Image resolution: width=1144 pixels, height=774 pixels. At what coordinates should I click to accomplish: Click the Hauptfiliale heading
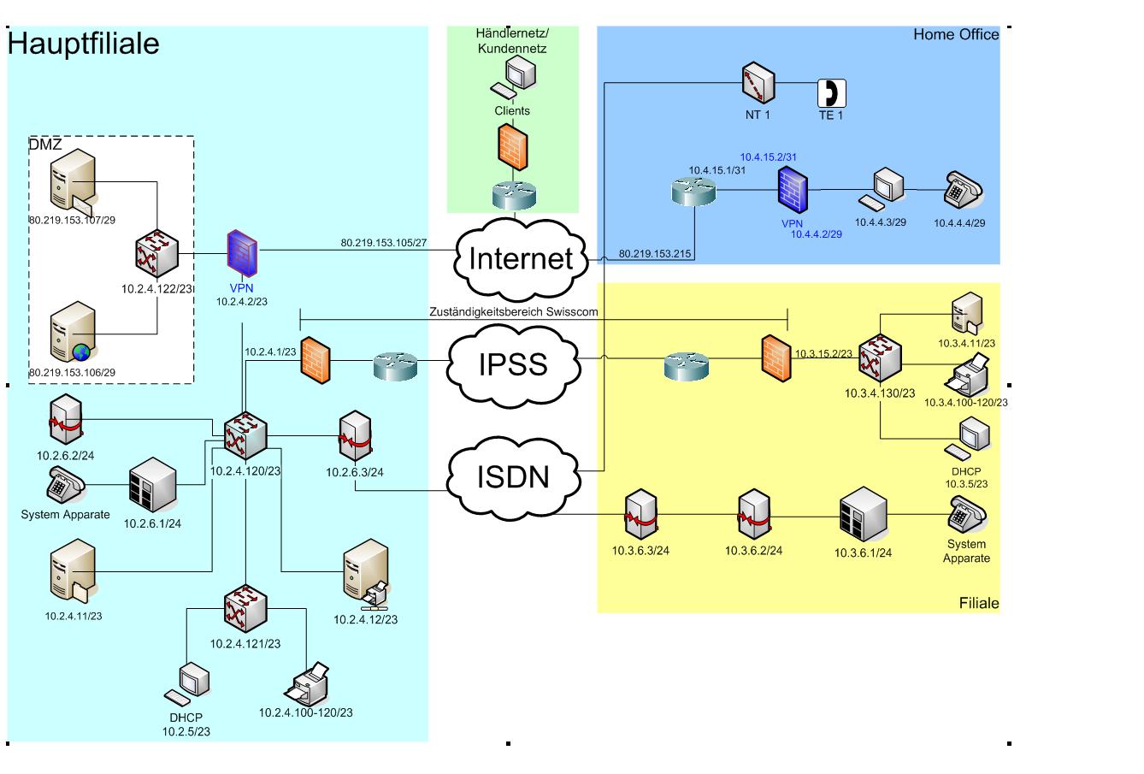click(83, 44)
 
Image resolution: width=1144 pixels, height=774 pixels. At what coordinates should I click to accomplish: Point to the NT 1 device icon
click(758, 83)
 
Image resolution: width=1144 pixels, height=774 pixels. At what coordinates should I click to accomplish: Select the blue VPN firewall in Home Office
click(793, 189)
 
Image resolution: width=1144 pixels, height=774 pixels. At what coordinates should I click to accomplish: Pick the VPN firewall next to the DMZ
click(242, 254)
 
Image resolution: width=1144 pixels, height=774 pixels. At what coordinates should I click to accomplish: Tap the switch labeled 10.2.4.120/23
click(245, 435)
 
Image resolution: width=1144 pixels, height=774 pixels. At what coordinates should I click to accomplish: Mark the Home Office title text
click(955, 35)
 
